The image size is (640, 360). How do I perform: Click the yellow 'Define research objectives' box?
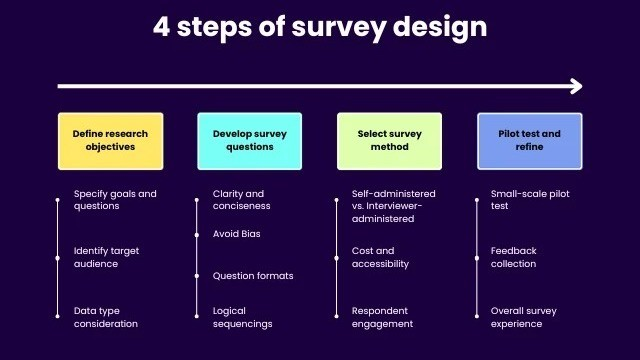click(111, 141)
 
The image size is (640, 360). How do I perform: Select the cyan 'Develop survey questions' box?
click(250, 141)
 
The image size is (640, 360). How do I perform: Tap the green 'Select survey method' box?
click(389, 141)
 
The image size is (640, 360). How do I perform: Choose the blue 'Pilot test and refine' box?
click(530, 141)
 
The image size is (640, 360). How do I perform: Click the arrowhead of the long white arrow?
click(577, 86)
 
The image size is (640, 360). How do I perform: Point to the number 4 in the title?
click(161, 27)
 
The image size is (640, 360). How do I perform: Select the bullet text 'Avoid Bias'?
click(236, 234)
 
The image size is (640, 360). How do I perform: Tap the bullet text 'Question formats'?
click(253, 276)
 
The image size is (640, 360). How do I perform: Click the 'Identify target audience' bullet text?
click(106, 257)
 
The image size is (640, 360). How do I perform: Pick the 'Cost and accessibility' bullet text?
click(380, 257)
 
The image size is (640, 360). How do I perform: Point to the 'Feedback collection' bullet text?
click(513, 257)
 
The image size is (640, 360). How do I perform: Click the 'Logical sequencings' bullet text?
click(242, 317)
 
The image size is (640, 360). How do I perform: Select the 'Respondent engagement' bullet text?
click(382, 317)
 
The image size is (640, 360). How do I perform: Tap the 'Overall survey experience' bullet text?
click(524, 317)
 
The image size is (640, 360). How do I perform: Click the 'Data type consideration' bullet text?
click(105, 317)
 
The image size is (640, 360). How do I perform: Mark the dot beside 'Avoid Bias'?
click(197, 235)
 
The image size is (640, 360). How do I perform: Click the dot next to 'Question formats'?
click(197, 276)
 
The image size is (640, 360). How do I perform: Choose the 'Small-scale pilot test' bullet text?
click(530, 200)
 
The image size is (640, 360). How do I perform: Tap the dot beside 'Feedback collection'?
click(477, 258)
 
